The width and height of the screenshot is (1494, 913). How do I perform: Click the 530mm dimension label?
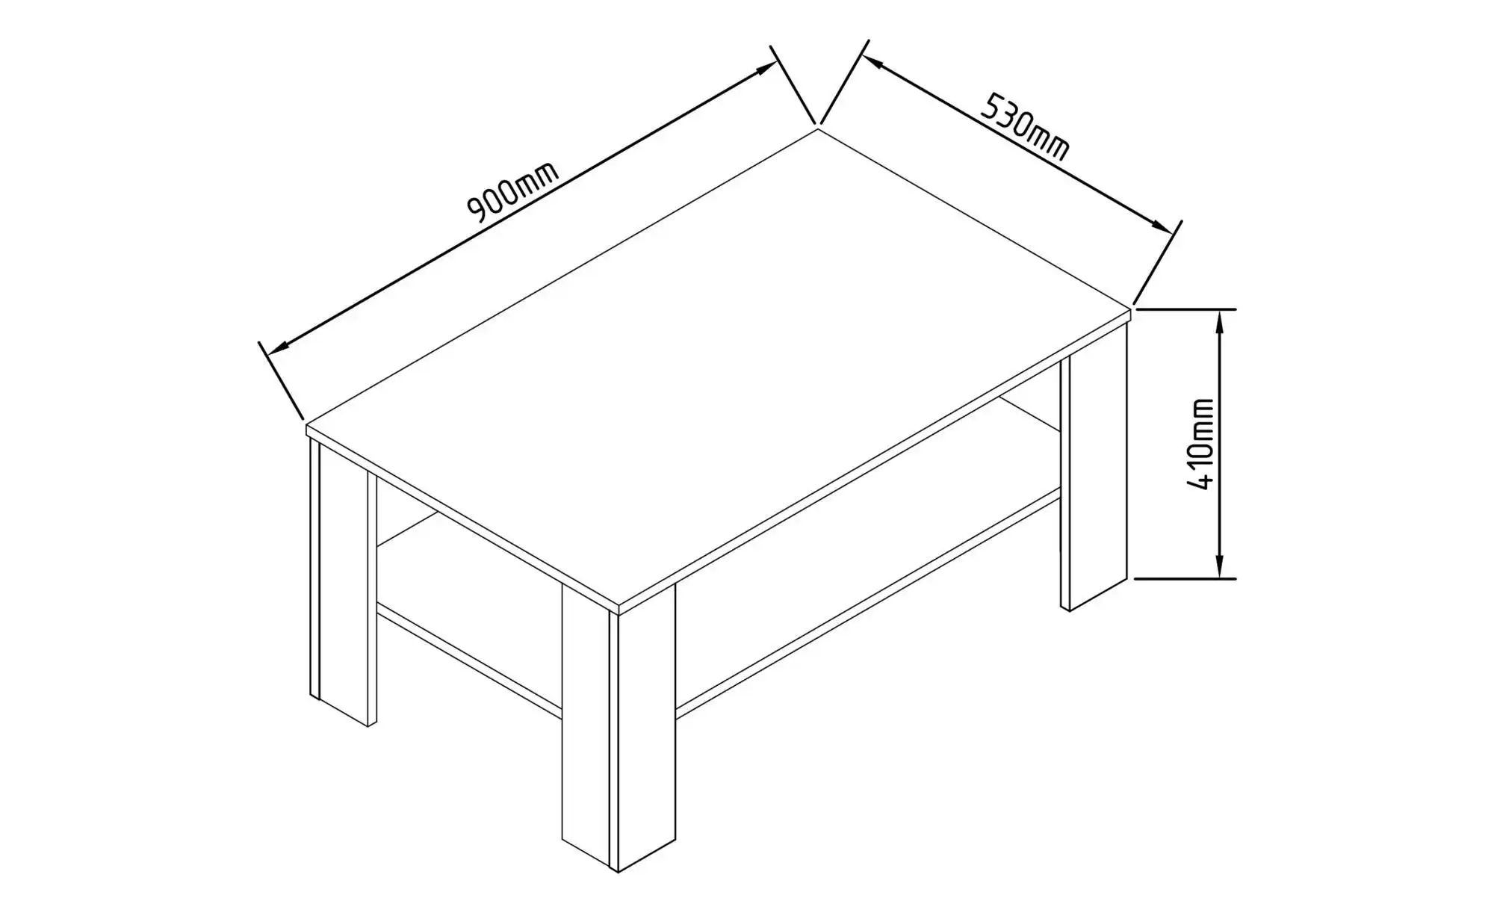pos(1025,126)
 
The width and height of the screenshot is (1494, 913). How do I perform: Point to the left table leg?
pos(343,583)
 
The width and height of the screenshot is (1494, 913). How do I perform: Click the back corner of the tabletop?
pos(818,129)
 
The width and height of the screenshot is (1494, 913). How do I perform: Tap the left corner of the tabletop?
pos(307,426)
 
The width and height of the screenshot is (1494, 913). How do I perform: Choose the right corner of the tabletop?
pos(1129,307)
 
